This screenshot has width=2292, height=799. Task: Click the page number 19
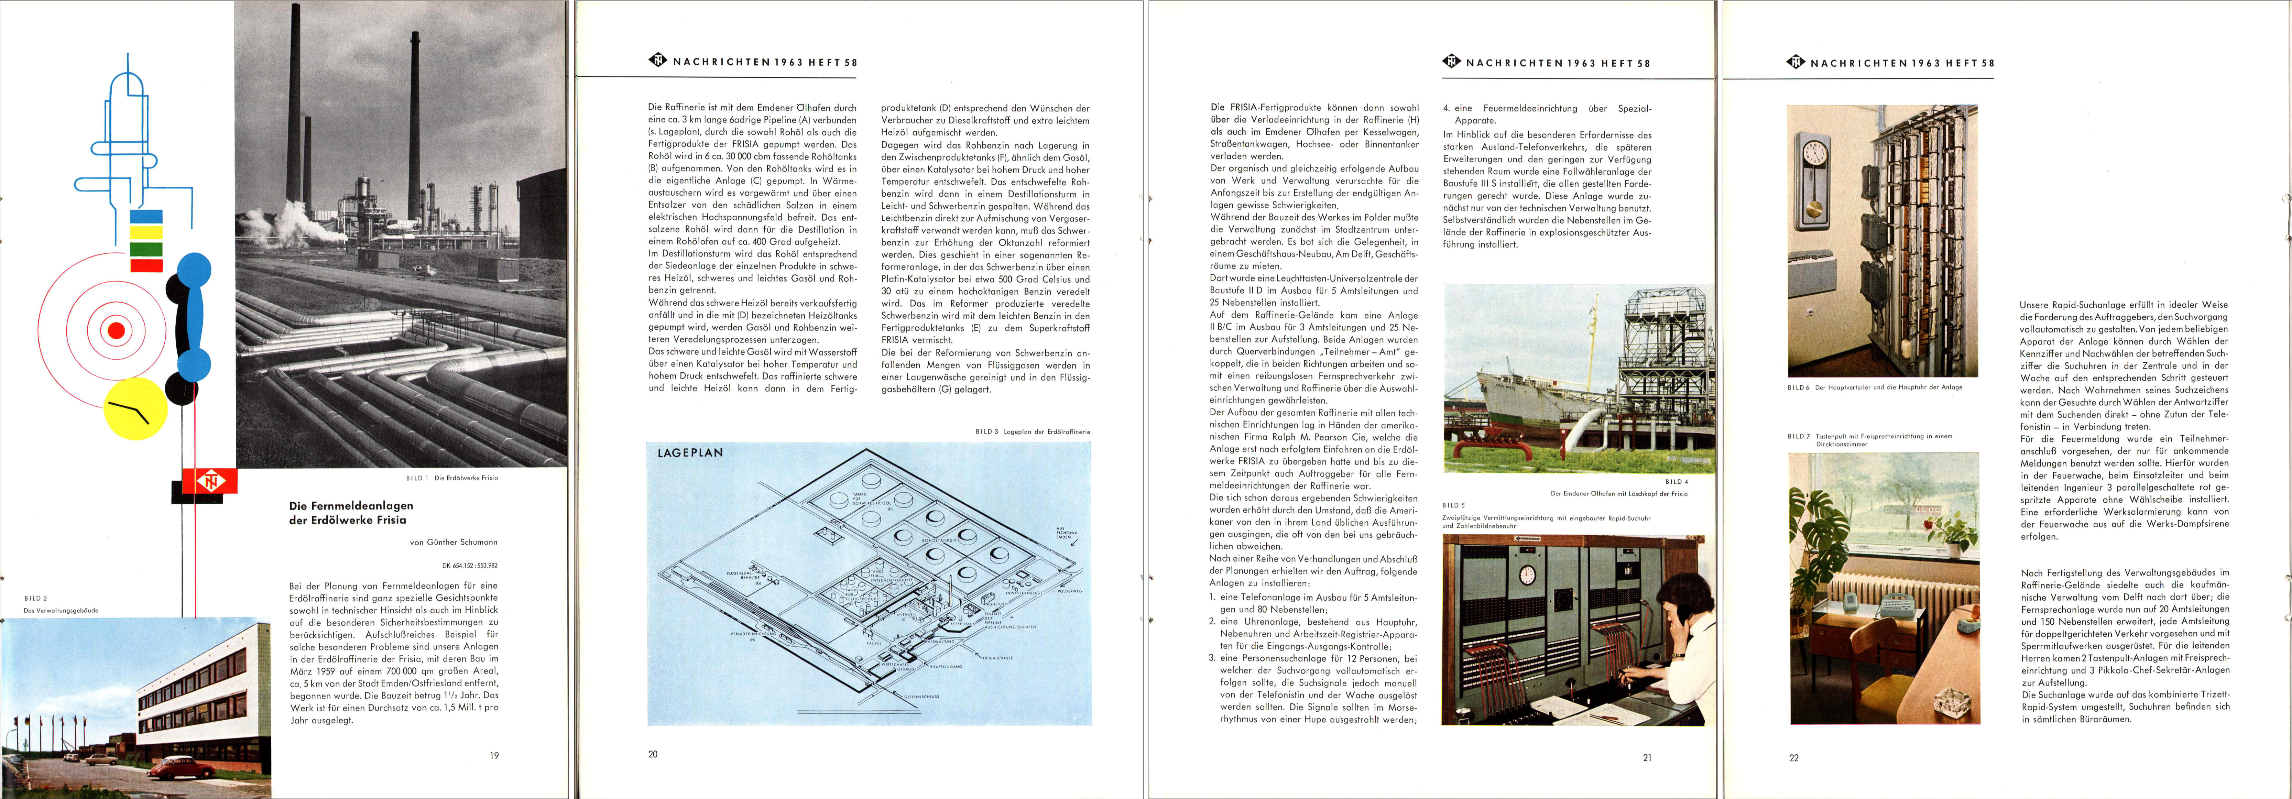(494, 755)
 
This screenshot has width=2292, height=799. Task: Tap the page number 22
(1794, 758)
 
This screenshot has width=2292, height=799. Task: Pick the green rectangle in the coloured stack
(146, 249)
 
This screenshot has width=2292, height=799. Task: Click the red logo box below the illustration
(210, 481)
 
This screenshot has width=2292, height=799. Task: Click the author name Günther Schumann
(453, 542)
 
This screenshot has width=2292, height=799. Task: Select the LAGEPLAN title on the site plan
(689, 453)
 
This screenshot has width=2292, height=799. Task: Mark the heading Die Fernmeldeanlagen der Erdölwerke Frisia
(351, 513)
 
